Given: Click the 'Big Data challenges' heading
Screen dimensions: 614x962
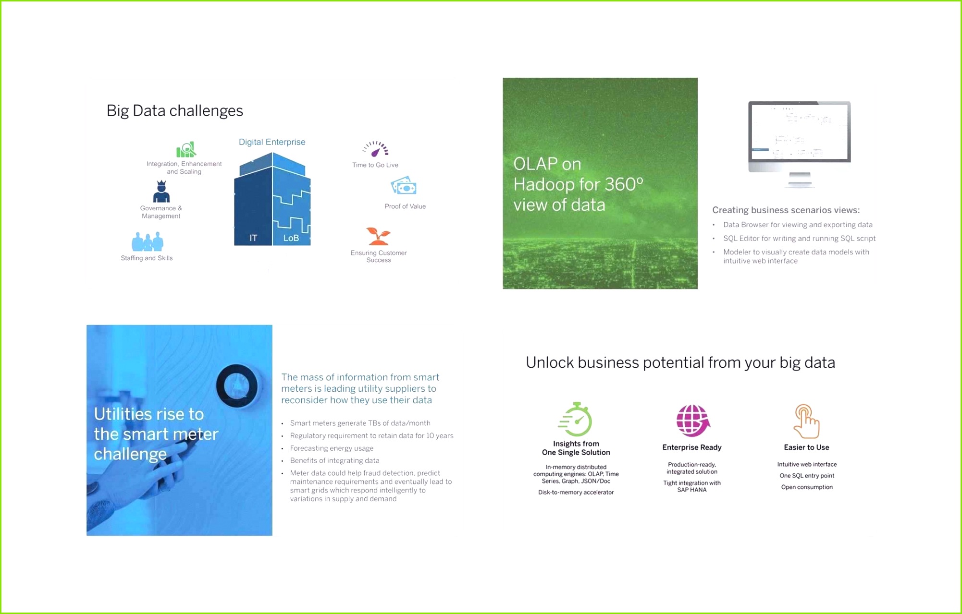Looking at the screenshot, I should click(174, 111).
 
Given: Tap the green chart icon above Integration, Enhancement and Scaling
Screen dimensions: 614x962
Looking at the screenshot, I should click(186, 150).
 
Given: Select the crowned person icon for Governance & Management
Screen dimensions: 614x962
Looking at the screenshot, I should click(161, 192).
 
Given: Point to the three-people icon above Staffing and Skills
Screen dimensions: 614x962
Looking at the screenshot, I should click(148, 242).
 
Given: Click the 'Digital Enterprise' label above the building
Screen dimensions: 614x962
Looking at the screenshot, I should click(272, 142).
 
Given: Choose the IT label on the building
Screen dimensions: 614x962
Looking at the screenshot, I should click(253, 238).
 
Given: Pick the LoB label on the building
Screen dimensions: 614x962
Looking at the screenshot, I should click(291, 238).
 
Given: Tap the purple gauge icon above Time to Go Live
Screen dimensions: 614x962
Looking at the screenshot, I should click(376, 149).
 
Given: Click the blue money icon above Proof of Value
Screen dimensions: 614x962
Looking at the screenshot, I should click(404, 186).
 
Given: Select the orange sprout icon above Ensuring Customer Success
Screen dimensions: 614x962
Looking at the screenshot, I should click(379, 236).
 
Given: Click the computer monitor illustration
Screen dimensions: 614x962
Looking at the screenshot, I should click(800, 144).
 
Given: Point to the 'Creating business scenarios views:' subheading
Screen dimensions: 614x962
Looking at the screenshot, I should click(786, 210).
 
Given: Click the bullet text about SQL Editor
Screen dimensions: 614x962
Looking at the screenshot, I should click(799, 238).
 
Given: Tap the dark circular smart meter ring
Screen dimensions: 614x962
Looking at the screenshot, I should click(237, 386).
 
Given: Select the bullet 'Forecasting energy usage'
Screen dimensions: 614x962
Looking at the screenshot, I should click(332, 448).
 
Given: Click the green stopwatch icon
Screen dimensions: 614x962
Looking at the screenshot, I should click(576, 420).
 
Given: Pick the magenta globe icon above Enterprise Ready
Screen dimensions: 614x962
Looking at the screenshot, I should click(692, 420).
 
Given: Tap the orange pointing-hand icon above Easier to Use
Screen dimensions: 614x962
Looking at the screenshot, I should click(807, 421).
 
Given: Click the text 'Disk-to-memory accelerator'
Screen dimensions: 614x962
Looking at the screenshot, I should click(576, 492).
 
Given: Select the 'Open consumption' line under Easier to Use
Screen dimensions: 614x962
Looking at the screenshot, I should click(807, 487).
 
